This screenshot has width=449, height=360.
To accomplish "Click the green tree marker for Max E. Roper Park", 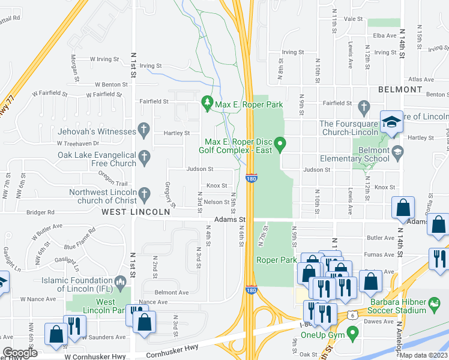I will pyautogui.click(x=208, y=104).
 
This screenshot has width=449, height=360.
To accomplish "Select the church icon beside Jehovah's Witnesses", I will pyautogui.click(x=143, y=129).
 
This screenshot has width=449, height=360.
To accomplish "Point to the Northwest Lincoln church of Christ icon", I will pyautogui.click(x=143, y=194).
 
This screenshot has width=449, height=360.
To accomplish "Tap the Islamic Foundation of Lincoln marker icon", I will pyautogui.click(x=120, y=282).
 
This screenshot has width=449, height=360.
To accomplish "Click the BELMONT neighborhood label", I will pyautogui.click(x=400, y=89).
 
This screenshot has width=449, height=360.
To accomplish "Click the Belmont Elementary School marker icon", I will pyautogui.click(x=397, y=154).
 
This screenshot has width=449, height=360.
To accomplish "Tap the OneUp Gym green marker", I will pyautogui.click(x=352, y=332).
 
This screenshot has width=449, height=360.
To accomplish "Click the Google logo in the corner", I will pyautogui.click(x=19, y=353).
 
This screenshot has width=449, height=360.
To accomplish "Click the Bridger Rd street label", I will pyautogui.click(x=40, y=212).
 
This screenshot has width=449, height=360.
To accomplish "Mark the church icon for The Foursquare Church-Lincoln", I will pyautogui.click(x=363, y=108).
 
